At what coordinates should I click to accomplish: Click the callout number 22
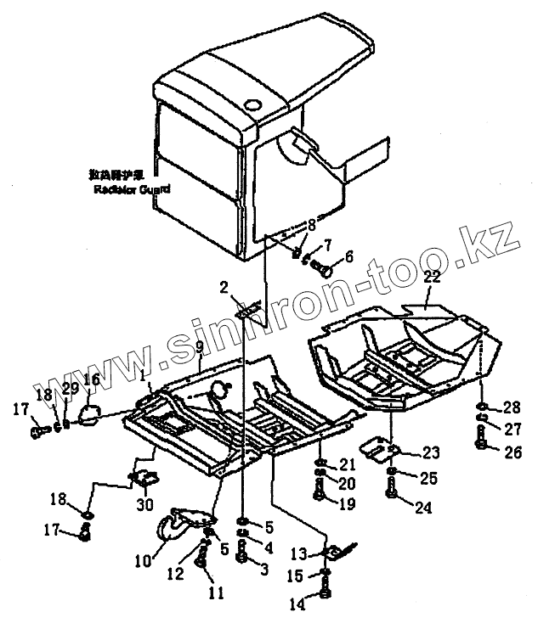(432, 278)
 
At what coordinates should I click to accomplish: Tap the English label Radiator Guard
(132, 189)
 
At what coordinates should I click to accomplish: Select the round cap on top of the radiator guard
(252, 104)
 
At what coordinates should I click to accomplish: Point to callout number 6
(348, 258)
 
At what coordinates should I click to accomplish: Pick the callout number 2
(225, 289)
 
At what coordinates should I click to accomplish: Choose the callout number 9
(199, 347)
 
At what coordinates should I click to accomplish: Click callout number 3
(263, 570)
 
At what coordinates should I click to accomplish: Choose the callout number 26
(513, 452)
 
